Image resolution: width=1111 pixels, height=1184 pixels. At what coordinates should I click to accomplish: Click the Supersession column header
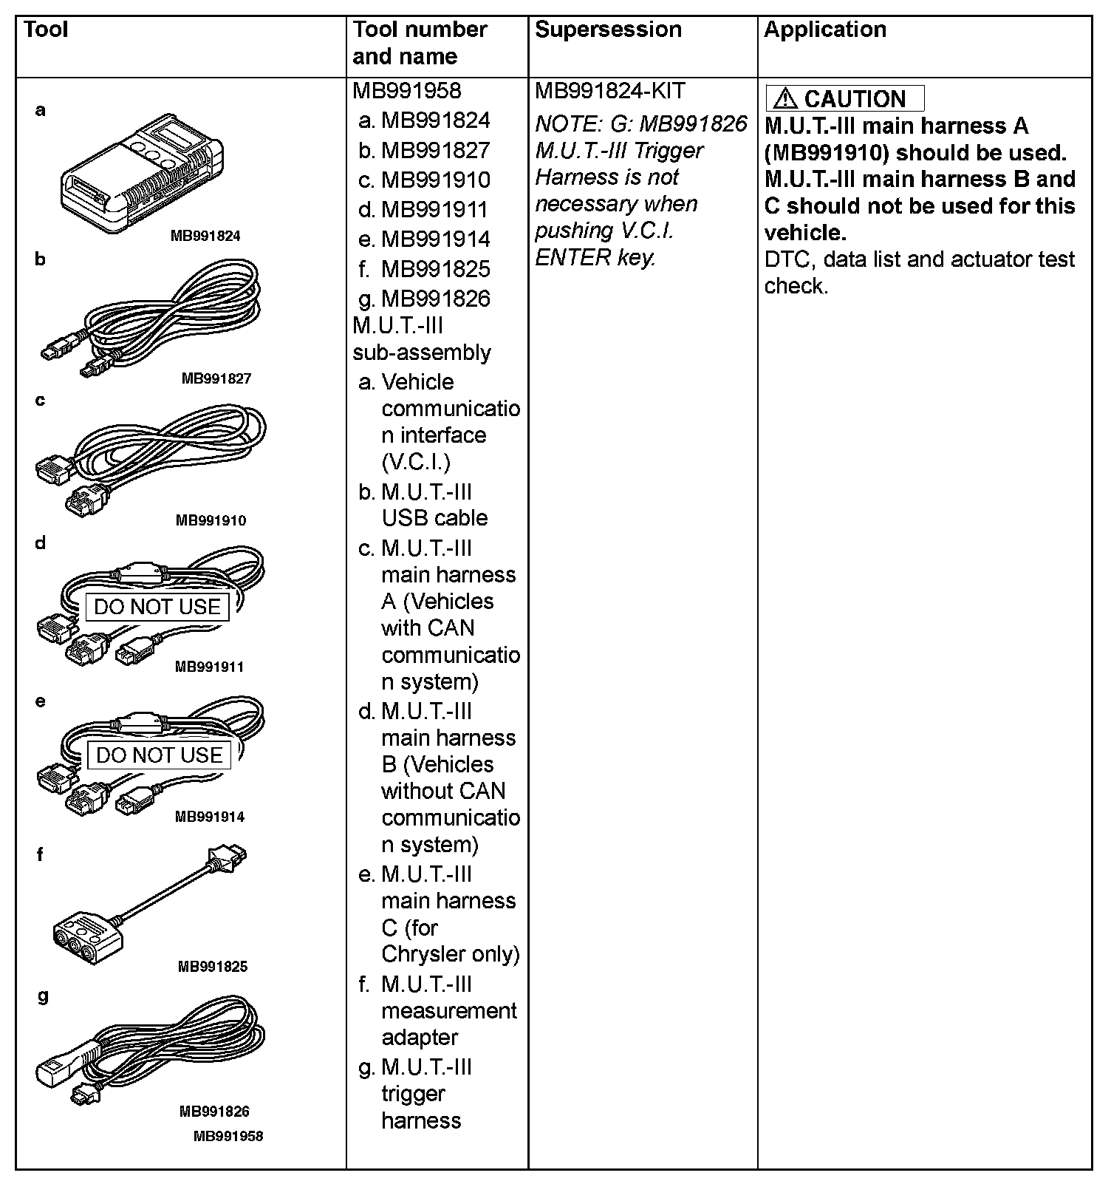tap(608, 30)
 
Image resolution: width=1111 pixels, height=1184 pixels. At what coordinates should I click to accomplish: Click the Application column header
tap(824, 30)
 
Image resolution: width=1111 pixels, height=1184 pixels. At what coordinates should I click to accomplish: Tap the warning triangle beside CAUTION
tap(785, 99)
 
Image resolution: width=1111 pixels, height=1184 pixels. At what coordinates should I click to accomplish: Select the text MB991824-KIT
tap(610, 91)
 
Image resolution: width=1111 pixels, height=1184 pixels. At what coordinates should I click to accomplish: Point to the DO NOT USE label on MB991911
tap(157, 607)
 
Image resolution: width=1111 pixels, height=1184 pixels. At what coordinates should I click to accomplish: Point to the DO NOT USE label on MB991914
tap(159, 755)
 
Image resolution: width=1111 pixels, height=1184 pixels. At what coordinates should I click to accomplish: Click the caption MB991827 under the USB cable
tap(216, 378)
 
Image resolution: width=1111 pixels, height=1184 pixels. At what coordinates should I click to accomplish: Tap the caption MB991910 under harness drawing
tap(211, 520)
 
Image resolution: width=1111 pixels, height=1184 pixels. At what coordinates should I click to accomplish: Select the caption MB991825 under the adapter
tap(213, 967)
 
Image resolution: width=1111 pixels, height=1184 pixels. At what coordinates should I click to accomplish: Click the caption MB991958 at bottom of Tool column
tap(228, 1136)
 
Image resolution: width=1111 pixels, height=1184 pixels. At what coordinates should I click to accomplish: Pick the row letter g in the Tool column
tap(42, 996)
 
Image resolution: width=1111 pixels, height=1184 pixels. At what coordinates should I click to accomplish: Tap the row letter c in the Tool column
tap(40, 401)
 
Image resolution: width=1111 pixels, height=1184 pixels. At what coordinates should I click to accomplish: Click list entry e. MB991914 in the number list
tap(424, 239)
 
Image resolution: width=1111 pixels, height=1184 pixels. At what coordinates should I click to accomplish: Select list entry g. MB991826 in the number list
tap(424, 299)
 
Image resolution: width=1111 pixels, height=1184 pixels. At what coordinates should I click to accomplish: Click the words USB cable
tap(434, 518)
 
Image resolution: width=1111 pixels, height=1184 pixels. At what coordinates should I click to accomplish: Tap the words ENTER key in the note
tap(595, 257)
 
